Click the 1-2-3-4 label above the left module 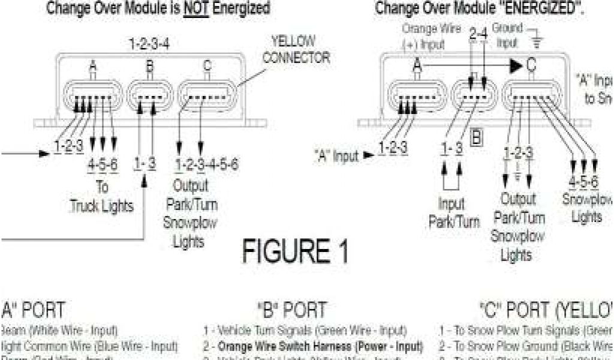click(x=149, y=44)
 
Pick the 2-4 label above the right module click(x=478, y=34)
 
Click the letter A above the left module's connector click(x=93, y=67)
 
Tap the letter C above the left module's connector click(x=207, y=67)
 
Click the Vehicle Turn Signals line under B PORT click(x=305, y=330)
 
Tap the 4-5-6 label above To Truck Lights click(x=103, y=164)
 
